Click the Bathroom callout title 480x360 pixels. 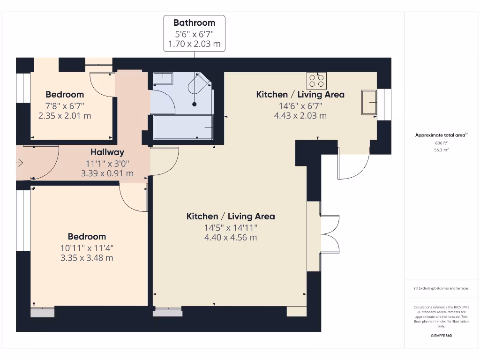[194, 22]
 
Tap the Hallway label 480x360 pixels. [107, 152]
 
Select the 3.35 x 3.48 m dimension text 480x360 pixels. [87, 258]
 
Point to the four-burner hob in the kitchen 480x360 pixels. [316, 81]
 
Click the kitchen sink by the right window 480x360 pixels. [369, 102]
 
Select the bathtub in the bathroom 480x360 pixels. [183, 127]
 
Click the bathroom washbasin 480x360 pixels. [163, 78]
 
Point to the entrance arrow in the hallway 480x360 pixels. [19, 163]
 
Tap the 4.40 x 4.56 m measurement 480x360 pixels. [231, 238]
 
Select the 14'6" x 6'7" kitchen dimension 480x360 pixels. [300, 105]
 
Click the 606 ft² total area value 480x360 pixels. [441, 143]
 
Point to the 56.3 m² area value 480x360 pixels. [441, 150]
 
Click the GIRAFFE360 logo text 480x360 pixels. [441, 336]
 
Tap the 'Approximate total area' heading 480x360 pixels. [440, 135]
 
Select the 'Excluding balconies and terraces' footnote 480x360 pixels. [441, 288]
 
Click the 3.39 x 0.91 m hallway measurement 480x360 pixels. [107, 173]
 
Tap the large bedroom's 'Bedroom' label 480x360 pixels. [87, 237]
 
